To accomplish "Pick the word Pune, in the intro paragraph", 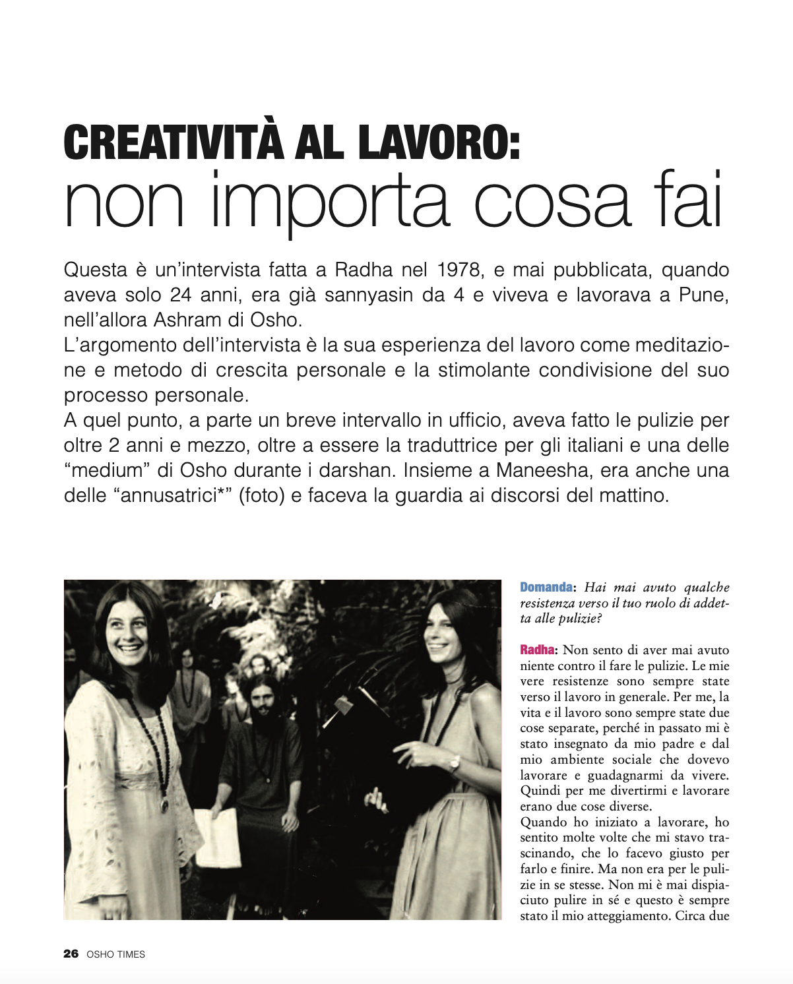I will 704,295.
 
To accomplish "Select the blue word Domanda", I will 546,587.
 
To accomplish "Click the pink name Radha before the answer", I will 537,650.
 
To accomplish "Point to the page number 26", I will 71,954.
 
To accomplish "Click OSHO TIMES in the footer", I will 116,954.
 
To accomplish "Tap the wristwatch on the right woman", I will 455,763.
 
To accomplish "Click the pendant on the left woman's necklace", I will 164,805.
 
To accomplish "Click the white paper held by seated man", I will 218,836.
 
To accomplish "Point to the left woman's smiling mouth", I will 130,649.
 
